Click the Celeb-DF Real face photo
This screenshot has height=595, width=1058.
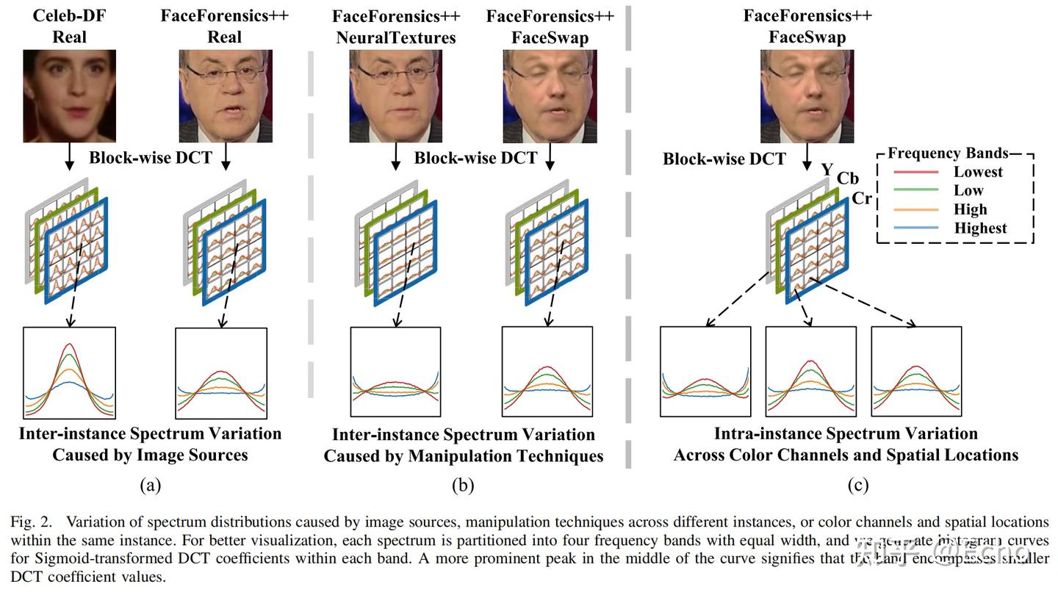click(x=70, y=95)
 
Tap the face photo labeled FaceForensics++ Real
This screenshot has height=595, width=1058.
click(x=226, y=95)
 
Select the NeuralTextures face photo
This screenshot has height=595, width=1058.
click(x=396, y=95)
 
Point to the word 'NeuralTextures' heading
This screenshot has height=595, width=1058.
click(x=396, y=37)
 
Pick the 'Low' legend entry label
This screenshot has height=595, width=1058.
click(x=968, y=191)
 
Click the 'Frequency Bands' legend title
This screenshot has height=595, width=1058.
click(x=948, y=154)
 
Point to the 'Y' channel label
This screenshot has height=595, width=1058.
click(x=827, y=170)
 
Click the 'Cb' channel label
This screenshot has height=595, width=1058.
click(x=847, y=179)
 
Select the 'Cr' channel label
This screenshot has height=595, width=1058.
click(x=862, y=198)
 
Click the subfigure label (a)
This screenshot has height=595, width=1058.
click(x=150, y=486)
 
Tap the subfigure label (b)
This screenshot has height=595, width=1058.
click(x=463, y=486)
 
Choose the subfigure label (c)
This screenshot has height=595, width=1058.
click(x=857, y=486)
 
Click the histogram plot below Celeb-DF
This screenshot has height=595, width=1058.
click(x=70, y=373)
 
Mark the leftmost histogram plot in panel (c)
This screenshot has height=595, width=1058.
click(x=705, y=373)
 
